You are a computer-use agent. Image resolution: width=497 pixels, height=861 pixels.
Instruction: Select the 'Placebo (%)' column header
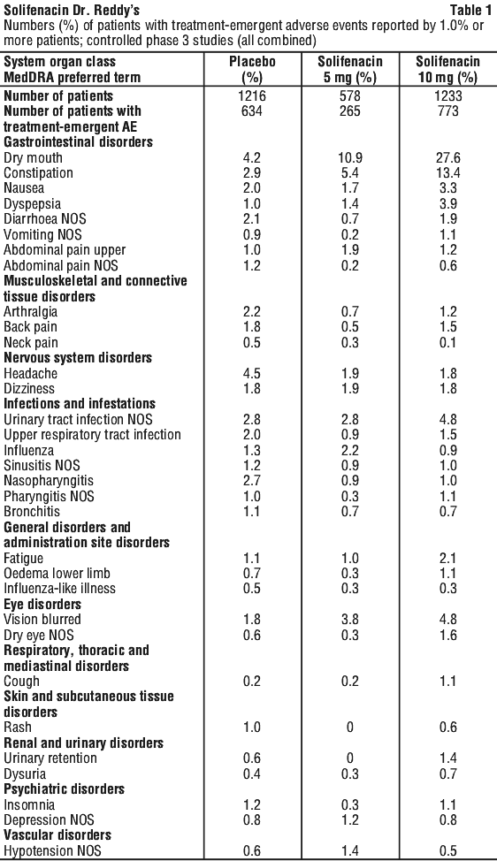click(252, 69)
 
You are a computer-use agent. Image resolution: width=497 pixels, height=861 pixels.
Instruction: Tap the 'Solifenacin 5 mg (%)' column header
click(350, 69)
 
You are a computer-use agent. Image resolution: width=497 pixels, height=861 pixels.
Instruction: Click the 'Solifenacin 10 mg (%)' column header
click(447, 69)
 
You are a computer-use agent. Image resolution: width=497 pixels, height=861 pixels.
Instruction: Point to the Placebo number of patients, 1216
click(252, 96)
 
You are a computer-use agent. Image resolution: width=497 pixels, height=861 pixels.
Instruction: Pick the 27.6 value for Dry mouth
click(447, 158)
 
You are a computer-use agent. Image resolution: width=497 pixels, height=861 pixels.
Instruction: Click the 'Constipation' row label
click(38, 173)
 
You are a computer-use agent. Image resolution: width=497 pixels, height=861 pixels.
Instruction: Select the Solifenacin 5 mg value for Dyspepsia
click(350, 203)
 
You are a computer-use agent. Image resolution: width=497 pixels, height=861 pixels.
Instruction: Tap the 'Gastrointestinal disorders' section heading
click(78, 142)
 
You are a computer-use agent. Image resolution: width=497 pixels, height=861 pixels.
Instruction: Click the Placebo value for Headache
click(252, 373)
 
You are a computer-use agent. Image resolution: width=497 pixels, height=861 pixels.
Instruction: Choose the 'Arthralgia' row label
click(31, 312)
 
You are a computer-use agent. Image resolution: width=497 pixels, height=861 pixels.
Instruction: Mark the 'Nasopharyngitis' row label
click(49, 481)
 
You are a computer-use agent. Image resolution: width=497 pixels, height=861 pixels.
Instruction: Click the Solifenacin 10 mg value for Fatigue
click(447, 558)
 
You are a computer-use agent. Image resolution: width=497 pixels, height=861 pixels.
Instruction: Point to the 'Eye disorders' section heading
click(42, 604)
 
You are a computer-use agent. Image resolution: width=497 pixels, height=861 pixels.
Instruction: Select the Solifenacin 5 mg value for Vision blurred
click(350, 620)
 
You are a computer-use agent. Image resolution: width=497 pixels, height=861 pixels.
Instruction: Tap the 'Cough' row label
click(22, 682)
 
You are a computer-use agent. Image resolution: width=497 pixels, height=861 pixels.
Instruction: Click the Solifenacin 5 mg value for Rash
click(350, 728)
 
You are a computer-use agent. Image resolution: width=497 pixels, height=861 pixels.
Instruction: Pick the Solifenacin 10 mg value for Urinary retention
click(447, 758)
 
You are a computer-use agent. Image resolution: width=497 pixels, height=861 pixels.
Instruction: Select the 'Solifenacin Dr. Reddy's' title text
click(72, 10)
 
